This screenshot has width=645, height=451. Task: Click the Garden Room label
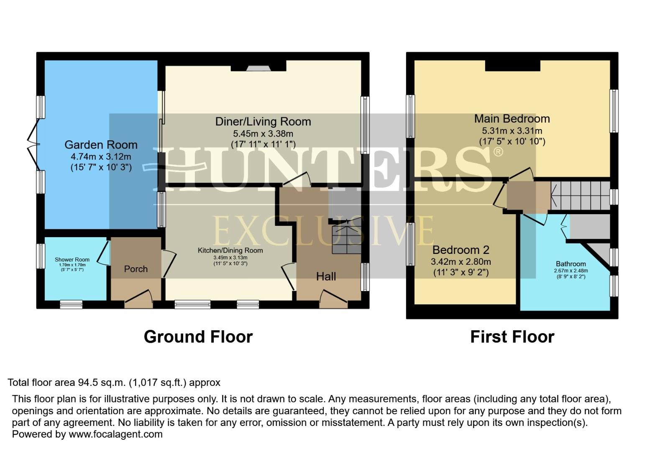(101, 145)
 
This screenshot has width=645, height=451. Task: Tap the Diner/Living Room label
(263, 122)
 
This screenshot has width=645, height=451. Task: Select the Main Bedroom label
(512, 119)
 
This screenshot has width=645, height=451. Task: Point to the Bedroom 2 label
(461, 250)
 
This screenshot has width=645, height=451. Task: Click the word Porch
(136, 269)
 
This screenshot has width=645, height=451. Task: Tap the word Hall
(326, 276)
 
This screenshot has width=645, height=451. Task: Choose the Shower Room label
(72, 260)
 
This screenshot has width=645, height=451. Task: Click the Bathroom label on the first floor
(571, 264)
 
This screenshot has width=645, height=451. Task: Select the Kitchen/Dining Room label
(230, 251)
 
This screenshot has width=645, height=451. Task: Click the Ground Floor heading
(198, 337)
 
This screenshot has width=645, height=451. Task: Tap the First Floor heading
(512, 337)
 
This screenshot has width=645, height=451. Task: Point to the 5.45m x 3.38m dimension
(263, 134)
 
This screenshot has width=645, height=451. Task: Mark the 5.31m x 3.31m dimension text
(512, 131)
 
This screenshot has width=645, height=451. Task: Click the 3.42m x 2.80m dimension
(461, 262)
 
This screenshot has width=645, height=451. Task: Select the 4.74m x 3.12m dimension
(101, 157)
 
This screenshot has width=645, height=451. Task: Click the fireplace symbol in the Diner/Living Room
(259, 68)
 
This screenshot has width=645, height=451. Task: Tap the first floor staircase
(580, 195)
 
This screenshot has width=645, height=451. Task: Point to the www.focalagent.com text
(115, 434)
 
